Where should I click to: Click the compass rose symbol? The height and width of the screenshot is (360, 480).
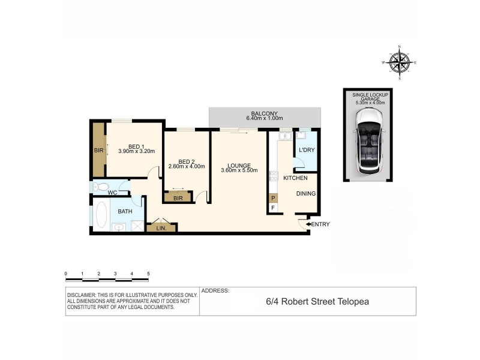point(400,62)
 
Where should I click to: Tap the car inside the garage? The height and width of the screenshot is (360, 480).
point(368,142)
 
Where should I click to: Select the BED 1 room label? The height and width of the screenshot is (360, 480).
point(136,146)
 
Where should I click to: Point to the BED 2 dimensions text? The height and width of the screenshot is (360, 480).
point(187,167)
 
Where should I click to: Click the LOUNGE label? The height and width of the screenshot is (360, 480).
point(239,166)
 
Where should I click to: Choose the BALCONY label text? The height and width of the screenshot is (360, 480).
point(264,113)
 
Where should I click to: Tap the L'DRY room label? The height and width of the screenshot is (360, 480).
point(307,150)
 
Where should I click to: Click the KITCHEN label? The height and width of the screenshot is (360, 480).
point(295,178)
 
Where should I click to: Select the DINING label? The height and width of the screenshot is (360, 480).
point(306,193)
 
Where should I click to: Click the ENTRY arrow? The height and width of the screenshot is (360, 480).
point(308,224)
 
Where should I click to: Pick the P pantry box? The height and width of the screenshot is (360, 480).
point(273,199)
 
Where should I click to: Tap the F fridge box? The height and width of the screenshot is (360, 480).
point(273,208)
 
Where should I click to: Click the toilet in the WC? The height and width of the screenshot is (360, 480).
point(101,187)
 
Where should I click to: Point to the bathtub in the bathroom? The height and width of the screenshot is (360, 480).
point(101,214)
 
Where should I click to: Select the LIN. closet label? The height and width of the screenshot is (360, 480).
point(161,229)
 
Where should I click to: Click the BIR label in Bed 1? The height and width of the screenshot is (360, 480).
point(98,151)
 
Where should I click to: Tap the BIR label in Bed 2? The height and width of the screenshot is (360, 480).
point(178,199)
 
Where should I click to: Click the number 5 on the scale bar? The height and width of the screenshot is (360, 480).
point(148,274)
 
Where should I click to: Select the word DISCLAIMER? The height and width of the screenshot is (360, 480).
point(81,295)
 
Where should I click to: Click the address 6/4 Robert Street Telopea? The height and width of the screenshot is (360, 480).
point(317,302)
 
